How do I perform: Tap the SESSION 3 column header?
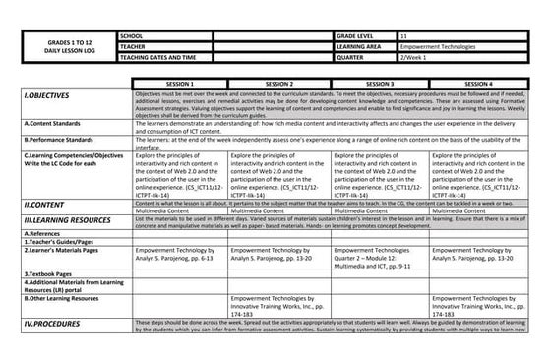pos(378,85)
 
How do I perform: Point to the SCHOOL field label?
pos(130,34)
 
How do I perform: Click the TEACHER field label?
pos(132,45)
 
